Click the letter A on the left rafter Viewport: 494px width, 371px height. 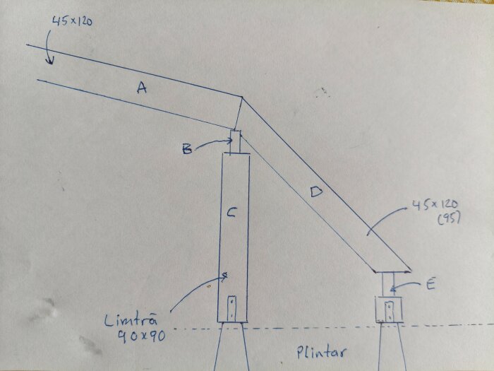click(142, 87)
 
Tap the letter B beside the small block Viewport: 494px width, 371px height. click(187, 149)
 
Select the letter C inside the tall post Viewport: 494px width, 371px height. click(231, 213)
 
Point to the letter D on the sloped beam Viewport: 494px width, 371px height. click(316, 192)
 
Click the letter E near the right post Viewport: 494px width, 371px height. click(430, 285)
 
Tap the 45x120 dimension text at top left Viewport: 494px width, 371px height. click(72, 21)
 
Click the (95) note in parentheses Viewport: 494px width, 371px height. click(449, 218)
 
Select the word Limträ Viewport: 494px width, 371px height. click(131, 321)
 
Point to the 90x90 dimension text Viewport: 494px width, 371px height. click(142, 336)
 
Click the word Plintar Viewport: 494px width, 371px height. click(321, 353)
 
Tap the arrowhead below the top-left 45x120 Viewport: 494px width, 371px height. click(49, 60)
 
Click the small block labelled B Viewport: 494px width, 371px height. click(235, 142)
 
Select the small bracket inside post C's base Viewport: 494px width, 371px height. click(232, 309)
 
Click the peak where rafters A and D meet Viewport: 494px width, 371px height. click(241, 97)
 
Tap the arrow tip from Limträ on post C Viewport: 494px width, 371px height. click(225, 276)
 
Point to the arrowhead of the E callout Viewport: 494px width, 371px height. click(392, 288)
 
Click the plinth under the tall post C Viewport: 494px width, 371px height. click(231, 346)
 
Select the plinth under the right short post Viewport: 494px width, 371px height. click(390, 347)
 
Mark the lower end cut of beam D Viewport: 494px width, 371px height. click(392, 271)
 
